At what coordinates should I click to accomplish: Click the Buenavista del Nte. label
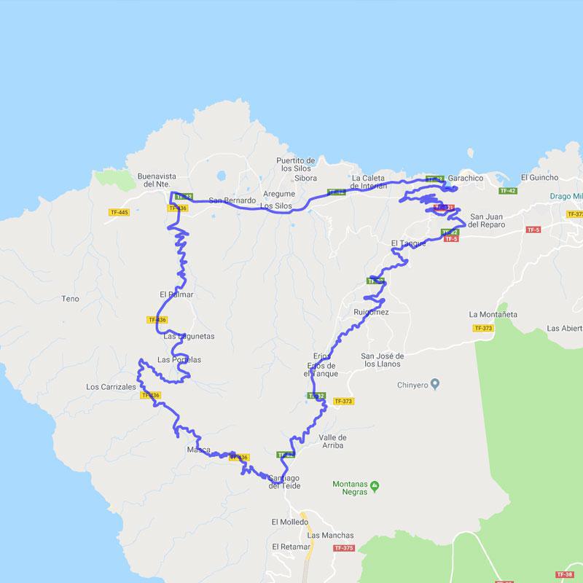tap(157, 180)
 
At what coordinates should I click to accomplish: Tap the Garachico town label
tap(466, 178)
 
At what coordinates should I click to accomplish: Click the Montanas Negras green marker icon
tap(375, 485)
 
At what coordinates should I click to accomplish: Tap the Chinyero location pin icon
tap(435, 384)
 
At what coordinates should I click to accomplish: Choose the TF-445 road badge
tap(118, 212)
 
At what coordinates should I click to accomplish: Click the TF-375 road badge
tap(343, 548)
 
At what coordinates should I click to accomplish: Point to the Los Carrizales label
tap(111, 387)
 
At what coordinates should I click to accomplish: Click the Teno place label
tap(71, 299)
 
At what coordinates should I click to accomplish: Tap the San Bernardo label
tap(232, 200)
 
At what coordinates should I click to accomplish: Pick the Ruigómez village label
tap(371, 312)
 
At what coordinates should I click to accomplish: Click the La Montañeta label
tap(493, 314)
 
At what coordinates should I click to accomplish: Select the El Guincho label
tap(540, 178)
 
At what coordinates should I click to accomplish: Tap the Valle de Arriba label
tap(332, 442)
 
